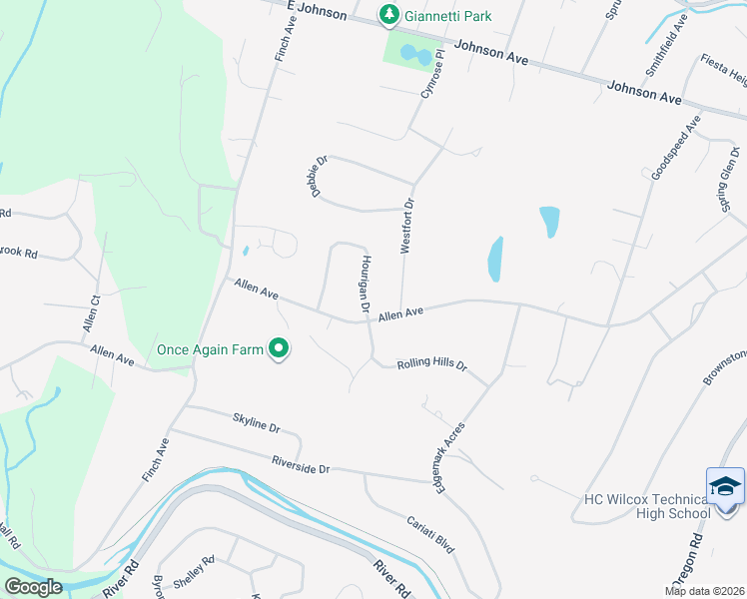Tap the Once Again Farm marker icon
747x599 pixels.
280,348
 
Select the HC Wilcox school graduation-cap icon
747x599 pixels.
724,487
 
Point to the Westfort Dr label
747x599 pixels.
407,226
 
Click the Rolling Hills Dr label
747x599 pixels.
431,364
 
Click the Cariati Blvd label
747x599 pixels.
430,535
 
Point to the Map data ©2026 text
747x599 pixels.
704,591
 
